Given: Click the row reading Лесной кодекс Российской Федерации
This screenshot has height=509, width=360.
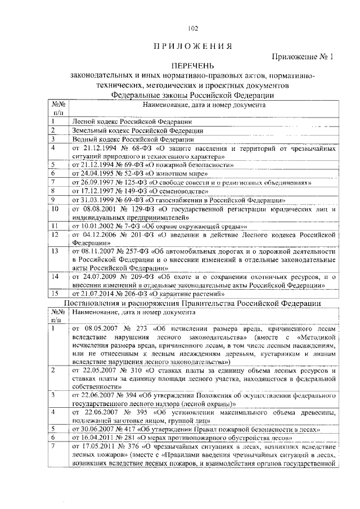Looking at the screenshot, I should [132, 121].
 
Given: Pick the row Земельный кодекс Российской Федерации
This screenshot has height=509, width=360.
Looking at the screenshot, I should [137, 130].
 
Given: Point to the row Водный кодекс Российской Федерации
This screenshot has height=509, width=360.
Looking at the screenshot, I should [134, 139].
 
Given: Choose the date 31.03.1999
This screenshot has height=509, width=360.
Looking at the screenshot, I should [97, 200].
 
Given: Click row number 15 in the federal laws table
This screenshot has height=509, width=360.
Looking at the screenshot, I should [55, 294].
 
